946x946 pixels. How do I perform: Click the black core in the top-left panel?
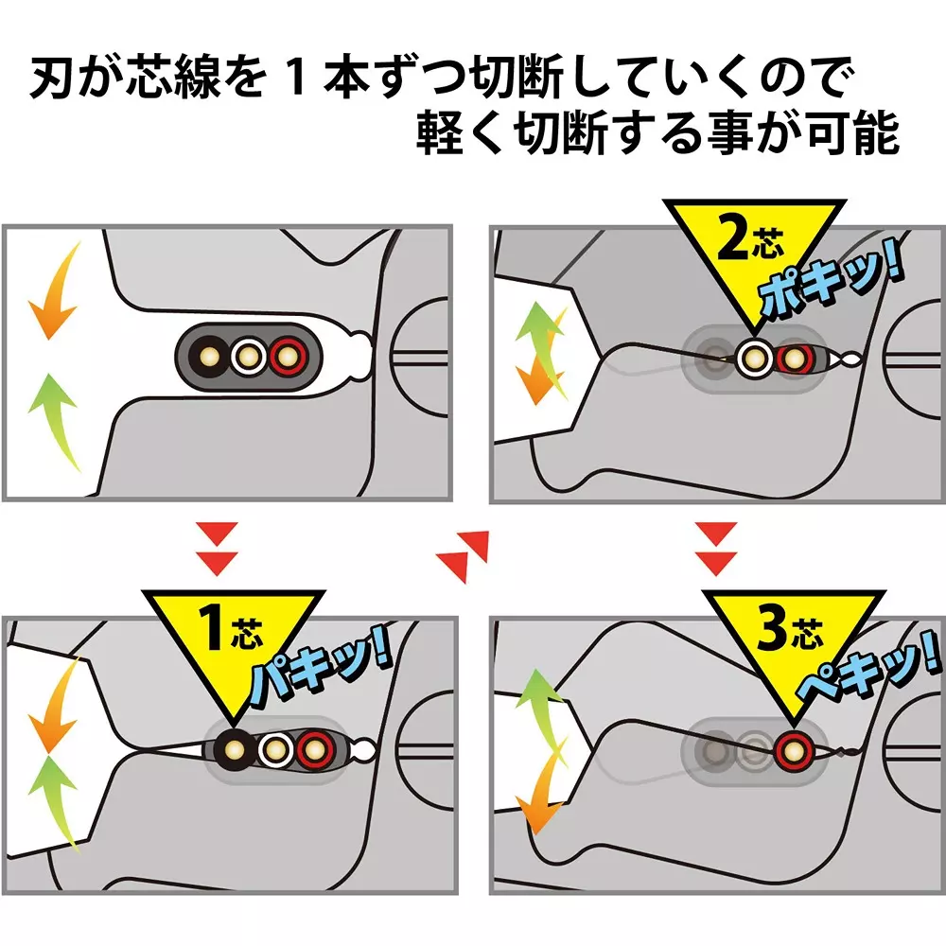tap(205, 357)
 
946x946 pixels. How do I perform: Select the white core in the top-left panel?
tap(248, 357)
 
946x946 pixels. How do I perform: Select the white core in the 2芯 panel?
tap(755, 358)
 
